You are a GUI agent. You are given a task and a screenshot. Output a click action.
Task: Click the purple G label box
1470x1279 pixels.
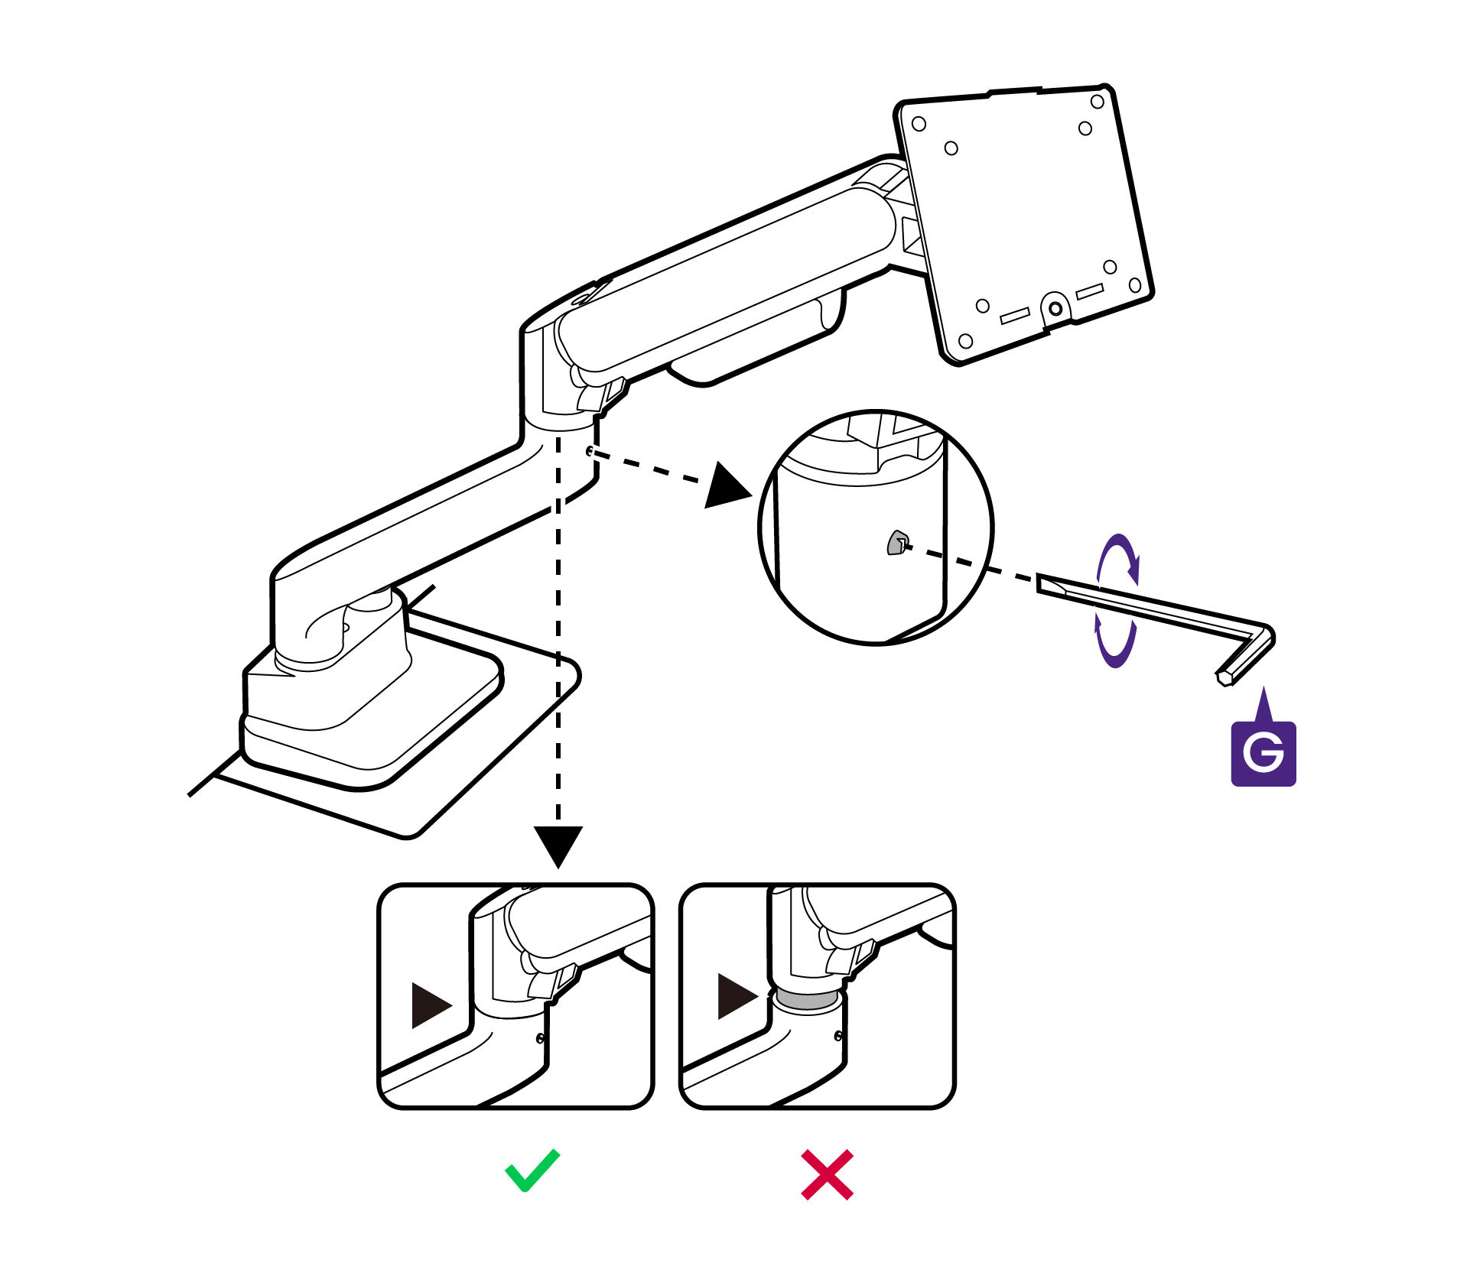(x=1263, y=753)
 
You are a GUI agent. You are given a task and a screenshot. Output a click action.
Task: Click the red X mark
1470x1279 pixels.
(x=827, y=1173)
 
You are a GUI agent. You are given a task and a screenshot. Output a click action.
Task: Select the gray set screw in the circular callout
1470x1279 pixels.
(x=896, y=542)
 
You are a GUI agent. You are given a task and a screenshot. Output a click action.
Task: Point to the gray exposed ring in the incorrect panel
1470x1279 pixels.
(x=807, y=1001)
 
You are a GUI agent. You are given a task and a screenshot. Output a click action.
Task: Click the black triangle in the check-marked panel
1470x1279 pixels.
(x=430, y=1005)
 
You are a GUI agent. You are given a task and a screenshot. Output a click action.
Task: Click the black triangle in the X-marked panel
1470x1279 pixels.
(x=736, y=995)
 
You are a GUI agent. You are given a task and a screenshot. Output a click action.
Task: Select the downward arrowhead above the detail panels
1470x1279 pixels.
(x=558, y=845)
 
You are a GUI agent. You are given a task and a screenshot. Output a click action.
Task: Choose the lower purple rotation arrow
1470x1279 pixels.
(x=1115, y=642)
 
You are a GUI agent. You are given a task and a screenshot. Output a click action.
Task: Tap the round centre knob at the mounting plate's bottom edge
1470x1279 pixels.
(x=1055, y=308)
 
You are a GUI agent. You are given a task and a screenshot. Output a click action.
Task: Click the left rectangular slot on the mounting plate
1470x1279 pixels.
(x=1015, y=315)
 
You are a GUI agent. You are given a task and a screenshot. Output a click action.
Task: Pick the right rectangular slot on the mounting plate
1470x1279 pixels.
(x=1089, y=291)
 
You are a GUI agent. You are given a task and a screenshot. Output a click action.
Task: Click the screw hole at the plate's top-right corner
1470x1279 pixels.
(x=1097, y=102)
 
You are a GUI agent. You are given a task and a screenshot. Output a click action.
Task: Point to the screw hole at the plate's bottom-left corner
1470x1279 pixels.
(x=965, y=340)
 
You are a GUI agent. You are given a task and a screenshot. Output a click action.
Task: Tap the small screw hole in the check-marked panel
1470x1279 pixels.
(x=541, y=1038)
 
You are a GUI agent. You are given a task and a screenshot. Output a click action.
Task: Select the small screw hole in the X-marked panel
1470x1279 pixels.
(x=838, y=1036)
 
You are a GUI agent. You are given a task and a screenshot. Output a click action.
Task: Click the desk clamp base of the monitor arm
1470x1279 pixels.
(x=367, y=719)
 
